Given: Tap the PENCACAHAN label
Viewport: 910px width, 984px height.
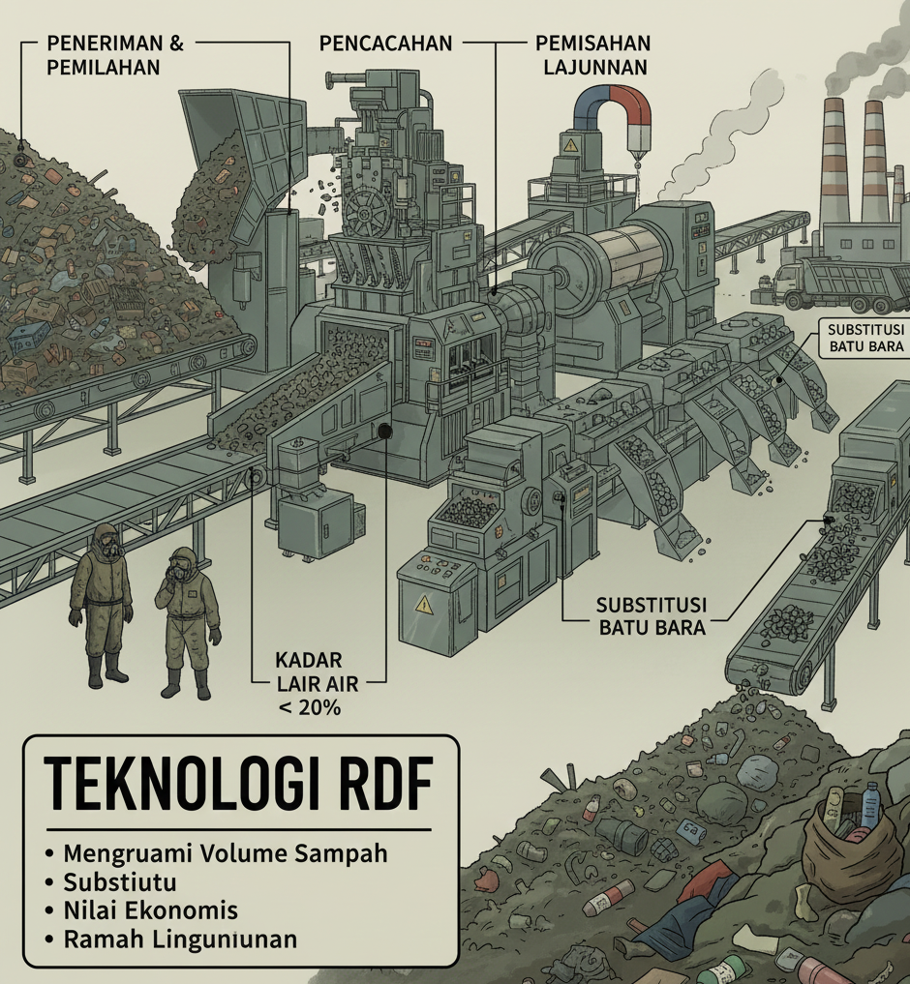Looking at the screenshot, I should (385, 44).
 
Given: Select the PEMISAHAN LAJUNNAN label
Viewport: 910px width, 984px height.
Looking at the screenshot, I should (592, 55).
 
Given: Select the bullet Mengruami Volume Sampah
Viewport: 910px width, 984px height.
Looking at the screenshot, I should (225, 853).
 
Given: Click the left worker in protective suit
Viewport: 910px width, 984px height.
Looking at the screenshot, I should (102, 600).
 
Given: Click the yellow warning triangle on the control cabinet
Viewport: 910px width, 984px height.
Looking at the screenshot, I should (424, 605).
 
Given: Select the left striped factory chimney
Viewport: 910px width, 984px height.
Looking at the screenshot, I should (835, 161).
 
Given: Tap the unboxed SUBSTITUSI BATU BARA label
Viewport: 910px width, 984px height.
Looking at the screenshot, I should (651, 615).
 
